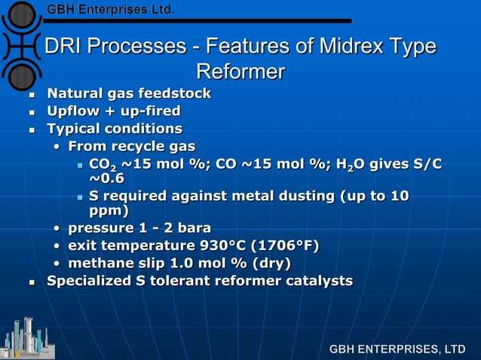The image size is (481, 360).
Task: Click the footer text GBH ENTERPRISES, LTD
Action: click(397, 349)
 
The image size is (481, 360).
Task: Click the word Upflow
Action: click(72, 111)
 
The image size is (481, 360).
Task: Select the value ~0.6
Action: click(106, 178)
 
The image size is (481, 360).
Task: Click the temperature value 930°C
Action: click(221, 246)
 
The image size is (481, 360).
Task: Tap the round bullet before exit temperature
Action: click(58, 246)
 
